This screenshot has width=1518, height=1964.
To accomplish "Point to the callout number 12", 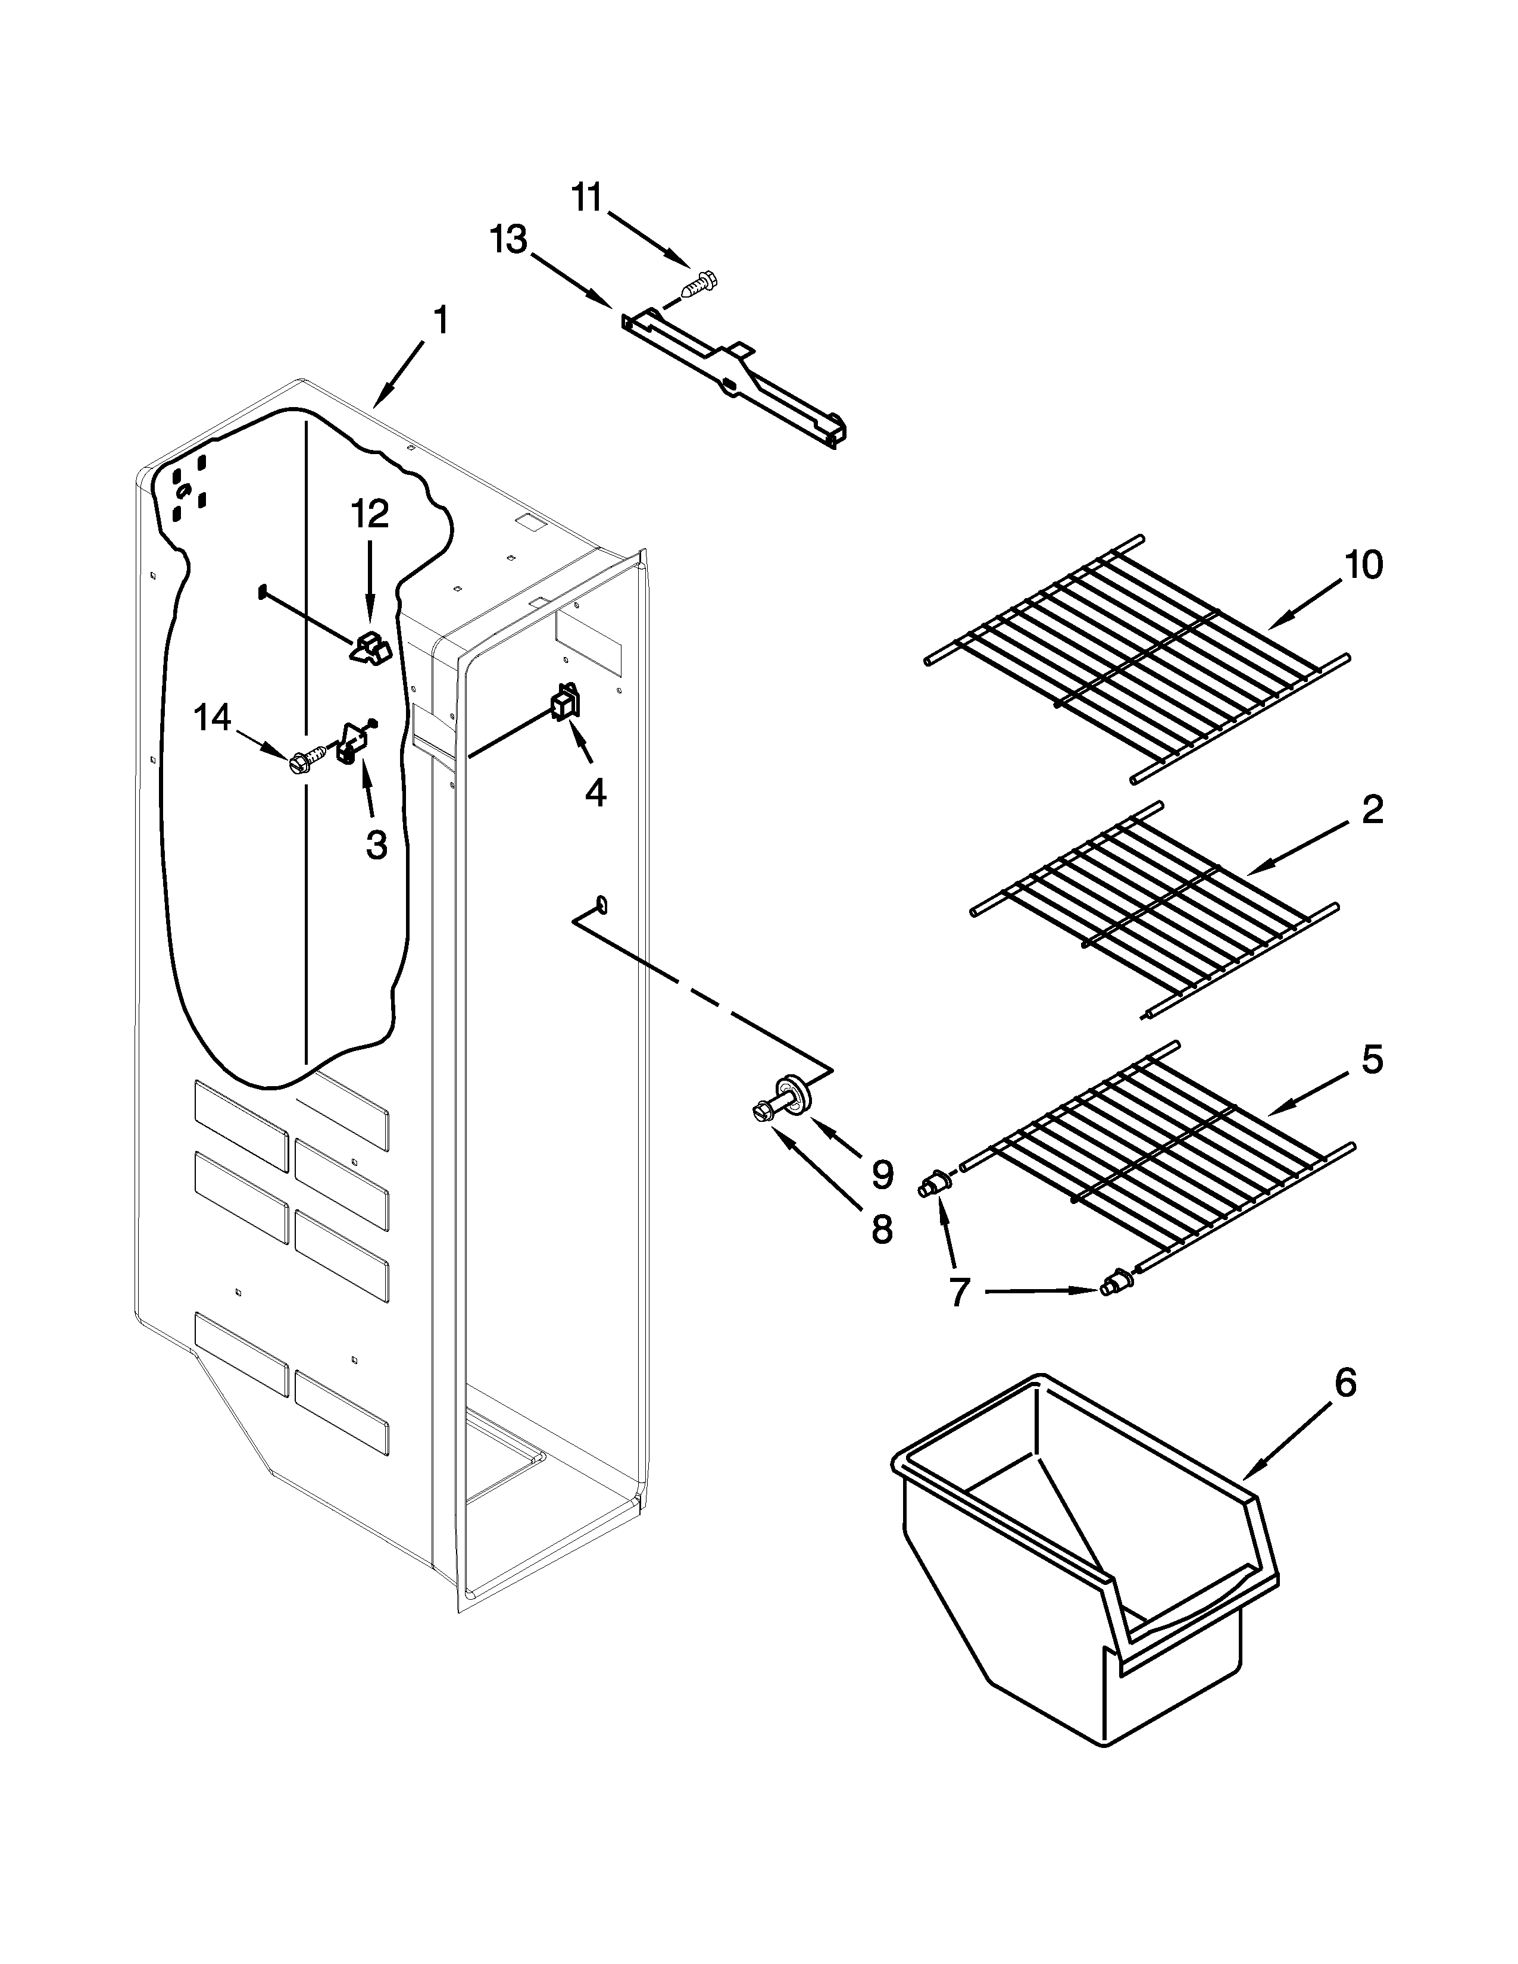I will (x=370, y=514).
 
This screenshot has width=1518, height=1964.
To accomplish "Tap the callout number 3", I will (x=376, y=845).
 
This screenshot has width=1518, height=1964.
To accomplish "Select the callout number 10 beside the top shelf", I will (x=1363, y=565).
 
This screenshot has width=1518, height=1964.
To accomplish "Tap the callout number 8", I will (x=881, y=1228).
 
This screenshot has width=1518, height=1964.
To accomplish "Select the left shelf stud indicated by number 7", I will (x=936, y=1185).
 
